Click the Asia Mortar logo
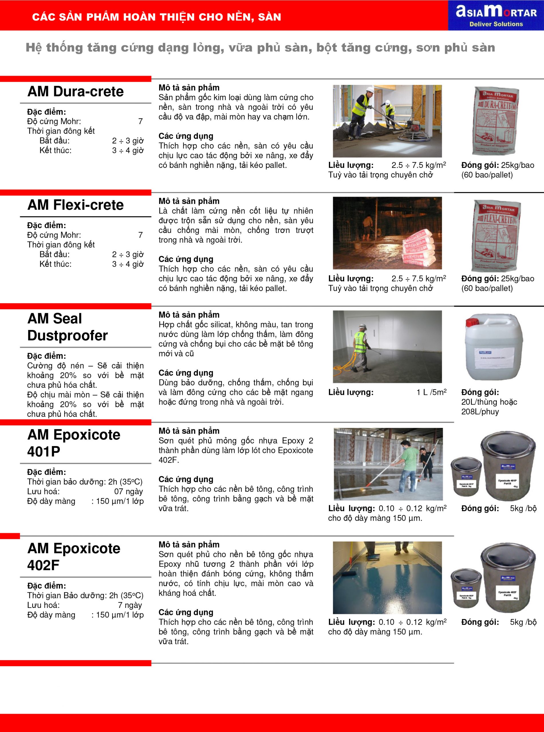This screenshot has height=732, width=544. pos(496,15)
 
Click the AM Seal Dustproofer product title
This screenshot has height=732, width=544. pos(68,327)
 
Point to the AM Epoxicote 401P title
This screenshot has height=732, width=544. pos(74,443)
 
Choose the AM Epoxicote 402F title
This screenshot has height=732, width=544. pos(74,556)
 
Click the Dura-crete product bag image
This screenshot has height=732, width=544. pos(496,121)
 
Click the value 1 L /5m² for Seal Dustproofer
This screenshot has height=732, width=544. pos(431,392)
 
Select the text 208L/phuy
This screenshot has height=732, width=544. pos(480,412)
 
